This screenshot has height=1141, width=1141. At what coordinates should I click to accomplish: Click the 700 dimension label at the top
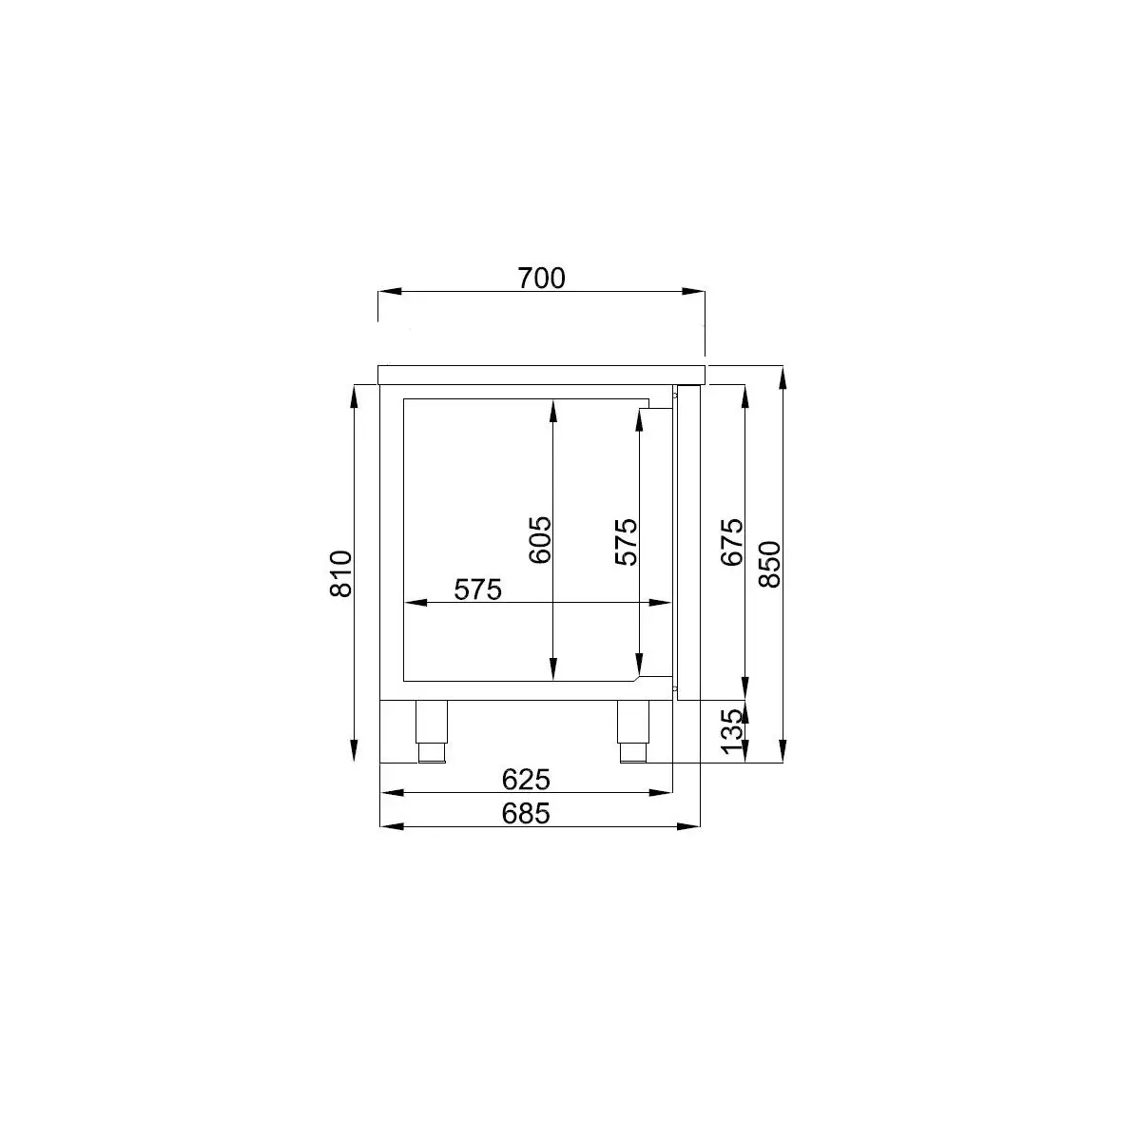[541, 279]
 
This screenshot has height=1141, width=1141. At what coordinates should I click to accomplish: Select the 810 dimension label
[341, 573]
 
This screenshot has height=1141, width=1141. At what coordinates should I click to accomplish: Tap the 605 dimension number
[539, 540]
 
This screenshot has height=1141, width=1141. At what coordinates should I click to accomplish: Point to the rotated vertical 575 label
[626, 542]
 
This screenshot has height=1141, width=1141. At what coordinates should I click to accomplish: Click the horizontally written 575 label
[478, 590]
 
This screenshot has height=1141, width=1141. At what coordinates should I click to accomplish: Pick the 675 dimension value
[732, 542]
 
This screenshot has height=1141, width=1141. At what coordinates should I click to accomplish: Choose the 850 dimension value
[770, 564]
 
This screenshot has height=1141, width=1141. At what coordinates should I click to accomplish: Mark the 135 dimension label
[732, 731]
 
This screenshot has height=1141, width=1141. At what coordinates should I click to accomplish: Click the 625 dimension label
[526, 780]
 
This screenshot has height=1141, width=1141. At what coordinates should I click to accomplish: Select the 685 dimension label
[526, 814]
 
